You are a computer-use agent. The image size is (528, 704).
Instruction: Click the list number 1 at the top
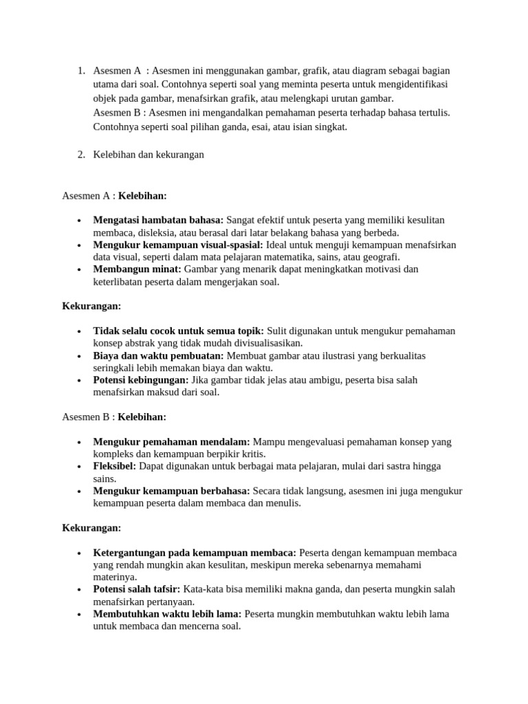(x=80, y=71)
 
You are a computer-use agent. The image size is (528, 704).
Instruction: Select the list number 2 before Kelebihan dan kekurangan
(x=80, y=155)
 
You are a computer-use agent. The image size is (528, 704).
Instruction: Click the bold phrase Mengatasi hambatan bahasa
(x=157, y=220)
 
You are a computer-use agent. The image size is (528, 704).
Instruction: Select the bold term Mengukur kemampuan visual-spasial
(x=177, y=245)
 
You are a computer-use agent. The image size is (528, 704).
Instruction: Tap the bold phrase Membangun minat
(x=137, y=269)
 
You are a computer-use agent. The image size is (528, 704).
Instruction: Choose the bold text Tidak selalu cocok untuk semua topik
(x=178, y=331)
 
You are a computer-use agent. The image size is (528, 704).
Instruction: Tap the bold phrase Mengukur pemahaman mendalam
(x=172, y=441)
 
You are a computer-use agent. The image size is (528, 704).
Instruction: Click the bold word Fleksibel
(x=114, y=466)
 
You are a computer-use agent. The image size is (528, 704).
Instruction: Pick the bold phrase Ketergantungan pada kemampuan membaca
(x=195, y=553)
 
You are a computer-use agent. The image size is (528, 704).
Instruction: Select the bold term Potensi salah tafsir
(x=136, y=589)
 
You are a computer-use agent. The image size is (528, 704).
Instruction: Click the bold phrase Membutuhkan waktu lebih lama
(x=167, y=614)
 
